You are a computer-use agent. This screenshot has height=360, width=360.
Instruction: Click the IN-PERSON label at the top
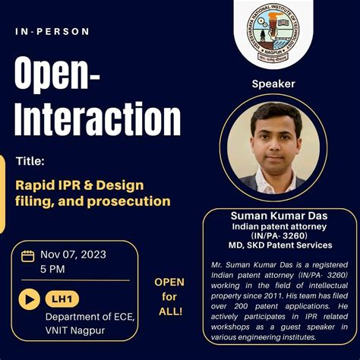click(x=52, y=32)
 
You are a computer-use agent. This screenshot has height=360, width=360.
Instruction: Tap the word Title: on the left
click(x=30, y=161)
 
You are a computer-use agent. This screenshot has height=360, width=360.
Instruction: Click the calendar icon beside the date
click(x=27, y=255)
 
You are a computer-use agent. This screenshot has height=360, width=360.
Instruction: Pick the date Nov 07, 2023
click(x=74, y=254)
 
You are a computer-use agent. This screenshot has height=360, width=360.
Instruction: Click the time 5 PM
click(x=53, y=269)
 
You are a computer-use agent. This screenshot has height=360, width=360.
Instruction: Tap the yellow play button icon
click(x=29, y=298)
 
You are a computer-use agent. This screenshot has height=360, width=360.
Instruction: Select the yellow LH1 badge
click(x=62, y=298)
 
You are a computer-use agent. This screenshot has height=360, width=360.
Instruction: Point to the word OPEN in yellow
click(x=169, y=283)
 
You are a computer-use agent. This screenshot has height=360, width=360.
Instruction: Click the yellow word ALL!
click(x=169, y=311)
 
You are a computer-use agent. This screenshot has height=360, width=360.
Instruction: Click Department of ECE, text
click(x=90, y=317)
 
